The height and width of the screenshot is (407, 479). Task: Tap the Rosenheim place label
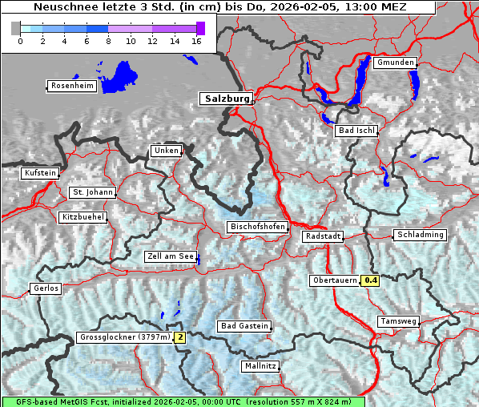coord(72,86)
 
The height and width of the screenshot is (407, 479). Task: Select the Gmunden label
coord(395,62)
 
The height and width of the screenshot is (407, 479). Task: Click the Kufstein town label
coord(40,173)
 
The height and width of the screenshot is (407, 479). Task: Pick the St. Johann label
coord(93,192)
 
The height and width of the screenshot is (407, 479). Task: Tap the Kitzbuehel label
coord(83,217)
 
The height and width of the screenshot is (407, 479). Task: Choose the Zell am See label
coord(171,256)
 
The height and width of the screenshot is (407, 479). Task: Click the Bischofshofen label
coord(257,228)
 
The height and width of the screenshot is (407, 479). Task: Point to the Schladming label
coord(419,235)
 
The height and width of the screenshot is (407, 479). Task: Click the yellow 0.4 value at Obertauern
coord(370,280)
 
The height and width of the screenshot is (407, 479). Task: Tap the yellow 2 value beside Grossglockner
coord(180,337)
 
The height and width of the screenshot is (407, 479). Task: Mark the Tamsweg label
coord(398,321)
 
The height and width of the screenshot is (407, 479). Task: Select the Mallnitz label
coord(260,366)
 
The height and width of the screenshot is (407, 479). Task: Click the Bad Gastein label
coord(245,326)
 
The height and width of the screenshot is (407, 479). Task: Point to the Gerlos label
coord(46,288)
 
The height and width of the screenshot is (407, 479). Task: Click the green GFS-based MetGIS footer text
coord(183,401)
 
